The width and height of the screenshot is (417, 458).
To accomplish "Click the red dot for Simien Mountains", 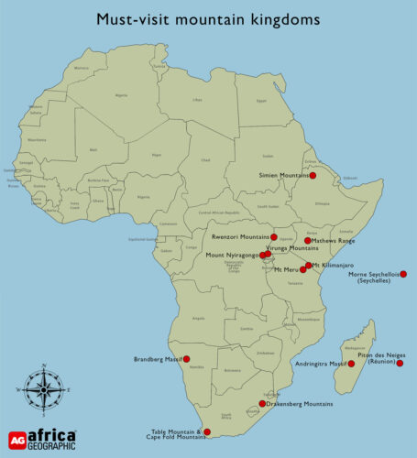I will (313, 175).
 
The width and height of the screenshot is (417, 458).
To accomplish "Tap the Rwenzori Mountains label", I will (240, 237).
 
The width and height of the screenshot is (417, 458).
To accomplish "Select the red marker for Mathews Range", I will (307, 241).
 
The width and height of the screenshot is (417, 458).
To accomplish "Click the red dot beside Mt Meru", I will (302, 269).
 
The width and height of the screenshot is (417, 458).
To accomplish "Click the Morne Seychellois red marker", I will (402, 274).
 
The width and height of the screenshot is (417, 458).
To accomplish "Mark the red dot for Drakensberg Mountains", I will (262, 403).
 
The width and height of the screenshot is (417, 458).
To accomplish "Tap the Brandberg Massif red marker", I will (187, 359).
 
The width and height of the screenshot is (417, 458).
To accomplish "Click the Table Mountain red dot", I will (207, 431).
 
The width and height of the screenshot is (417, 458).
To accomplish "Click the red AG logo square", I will (16, 439).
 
